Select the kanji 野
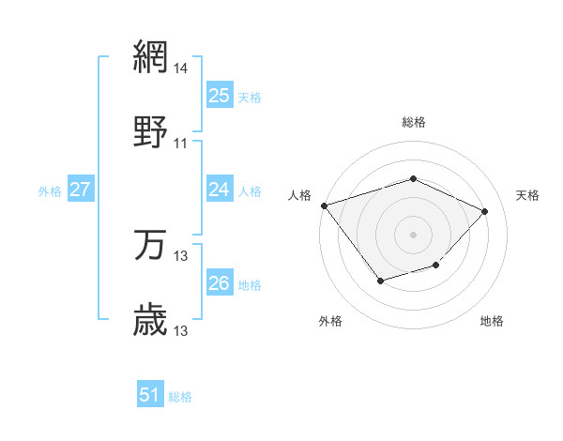point(151,131)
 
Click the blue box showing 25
point(219,96)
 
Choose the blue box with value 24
point(219,190)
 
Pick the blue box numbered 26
point(219,283)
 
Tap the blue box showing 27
point(80,190)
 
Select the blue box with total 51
point(150,395)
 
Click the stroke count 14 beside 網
point(181,68)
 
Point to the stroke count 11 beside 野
point(181,144)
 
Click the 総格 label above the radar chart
point(413,122)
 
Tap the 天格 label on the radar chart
point(528,195)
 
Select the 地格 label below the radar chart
point(492,321)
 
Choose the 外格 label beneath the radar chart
point(330,321)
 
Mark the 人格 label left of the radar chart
point(299,195)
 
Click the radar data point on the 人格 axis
point(324,205)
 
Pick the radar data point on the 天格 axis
point(484,211)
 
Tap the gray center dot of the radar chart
point(413,234)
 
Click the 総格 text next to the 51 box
point(180,397)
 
